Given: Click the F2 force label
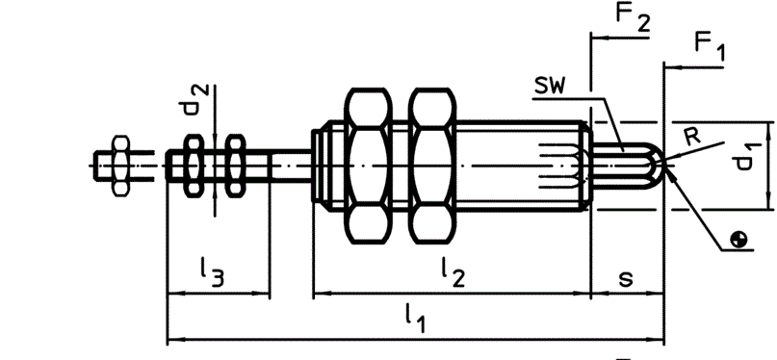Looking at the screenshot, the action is click(633, 17).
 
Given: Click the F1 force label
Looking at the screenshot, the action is click(709, 48).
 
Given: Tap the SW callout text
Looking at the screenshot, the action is click(550, 88).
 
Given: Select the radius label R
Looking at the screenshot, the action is click(692, 137).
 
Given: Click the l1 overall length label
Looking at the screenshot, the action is click(415, 320).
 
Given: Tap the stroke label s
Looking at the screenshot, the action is click(627, 279).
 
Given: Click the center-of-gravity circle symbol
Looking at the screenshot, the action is click(739, 241).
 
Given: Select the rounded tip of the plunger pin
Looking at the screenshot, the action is click(654, 166).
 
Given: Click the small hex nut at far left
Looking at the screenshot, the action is click(121, 166).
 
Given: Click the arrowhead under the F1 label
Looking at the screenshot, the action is click(670, 67).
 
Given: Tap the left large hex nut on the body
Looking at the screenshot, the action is click(368, 166).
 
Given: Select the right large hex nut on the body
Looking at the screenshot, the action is click(431, 166).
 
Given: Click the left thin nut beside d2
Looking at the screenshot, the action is click(194, 166).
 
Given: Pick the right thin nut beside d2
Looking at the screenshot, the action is click(235, 166).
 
